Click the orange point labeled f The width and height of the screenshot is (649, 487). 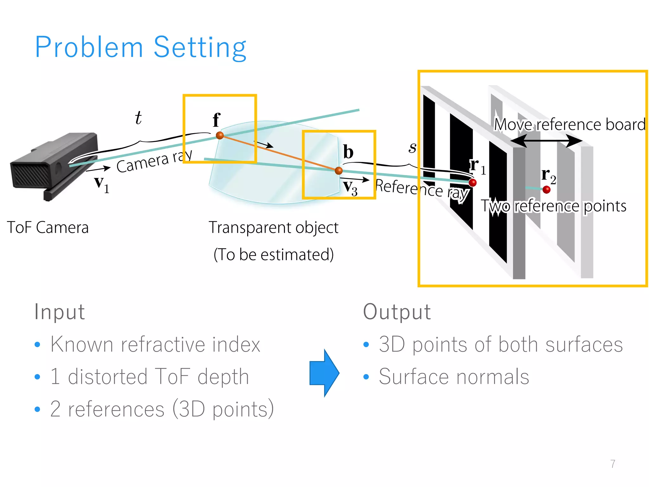point(220,135)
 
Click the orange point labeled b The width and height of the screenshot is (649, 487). point(338,171)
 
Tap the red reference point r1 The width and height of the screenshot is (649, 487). point(472,183)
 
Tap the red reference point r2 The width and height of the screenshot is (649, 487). point(546,190)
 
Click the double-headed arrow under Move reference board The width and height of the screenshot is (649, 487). point(546,141)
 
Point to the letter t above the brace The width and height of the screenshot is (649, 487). point(138,118)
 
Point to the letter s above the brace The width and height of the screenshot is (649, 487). point(412,147)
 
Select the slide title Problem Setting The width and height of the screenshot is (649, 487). point(140,47)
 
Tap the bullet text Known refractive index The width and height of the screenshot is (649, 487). point(155,344)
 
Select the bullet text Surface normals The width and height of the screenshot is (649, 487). point(454,377)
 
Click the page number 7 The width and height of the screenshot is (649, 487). point(613,464)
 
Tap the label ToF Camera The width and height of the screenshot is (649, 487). point(48,227)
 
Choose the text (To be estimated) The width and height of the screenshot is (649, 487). point(273,254)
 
